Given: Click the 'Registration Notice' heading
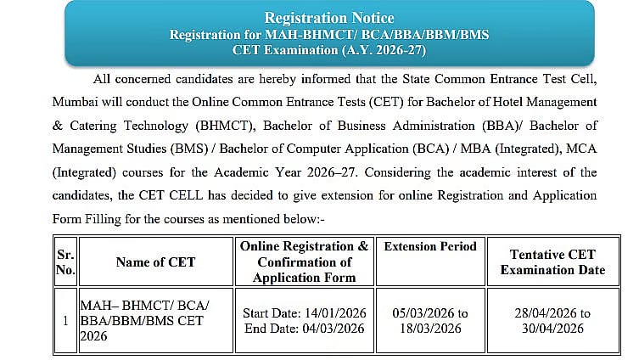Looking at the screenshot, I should click(x=329, y=18).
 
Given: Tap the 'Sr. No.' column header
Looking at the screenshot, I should click(x=65, y=262).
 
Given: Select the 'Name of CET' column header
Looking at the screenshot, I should click(x=155, y=262).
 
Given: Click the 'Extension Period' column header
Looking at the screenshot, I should click(x=430, y=246).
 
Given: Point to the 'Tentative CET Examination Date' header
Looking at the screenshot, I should click(x=552, y=262).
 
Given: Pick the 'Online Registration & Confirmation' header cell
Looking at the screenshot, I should click(x=304, y=262).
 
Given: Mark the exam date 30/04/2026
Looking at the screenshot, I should click(x=552, y=329).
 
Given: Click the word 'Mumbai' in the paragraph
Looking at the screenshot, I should click(x=76, y=103).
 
